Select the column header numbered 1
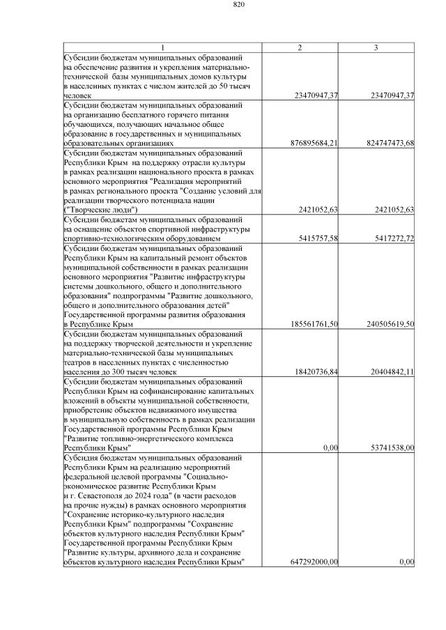(162, 47)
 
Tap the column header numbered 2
(300, 47)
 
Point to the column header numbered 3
(376, 47)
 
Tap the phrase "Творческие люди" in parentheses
(100, 209)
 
